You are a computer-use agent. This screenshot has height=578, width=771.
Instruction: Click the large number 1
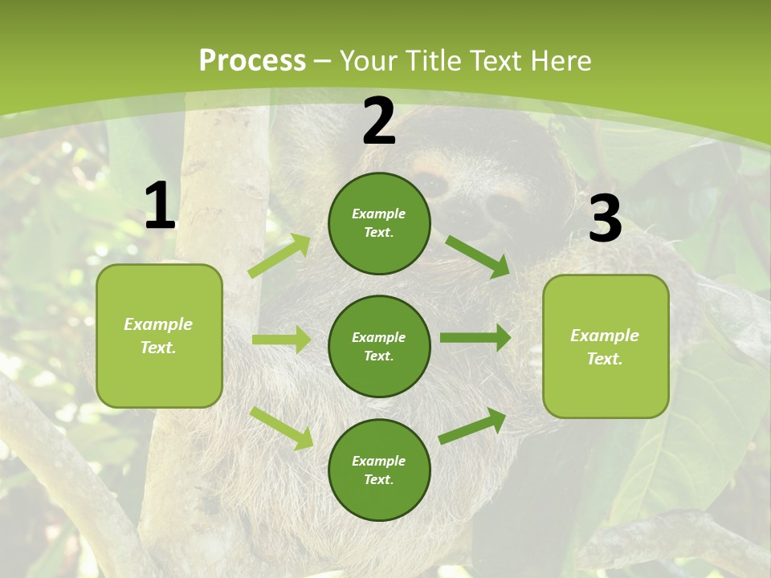[160, 206]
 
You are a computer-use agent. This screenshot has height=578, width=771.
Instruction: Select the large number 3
[606, 219]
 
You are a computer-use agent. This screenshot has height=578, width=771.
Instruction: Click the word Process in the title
[252, 60]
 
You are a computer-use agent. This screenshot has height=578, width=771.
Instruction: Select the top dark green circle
[379, 223]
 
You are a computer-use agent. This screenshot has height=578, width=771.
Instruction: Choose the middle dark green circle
[379, 346]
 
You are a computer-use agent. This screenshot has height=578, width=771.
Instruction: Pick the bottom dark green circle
[379, 470]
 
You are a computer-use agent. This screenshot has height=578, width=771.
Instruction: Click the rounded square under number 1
[159, 336]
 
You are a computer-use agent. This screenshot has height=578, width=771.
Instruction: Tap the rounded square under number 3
[606, 347]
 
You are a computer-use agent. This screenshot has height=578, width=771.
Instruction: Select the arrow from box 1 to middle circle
[282, 340]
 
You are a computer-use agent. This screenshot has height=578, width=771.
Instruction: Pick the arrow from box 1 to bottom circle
[282, 428]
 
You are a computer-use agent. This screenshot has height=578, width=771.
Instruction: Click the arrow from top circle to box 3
[477, 256]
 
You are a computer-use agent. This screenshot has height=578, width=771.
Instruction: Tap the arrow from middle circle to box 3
[475, 338]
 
